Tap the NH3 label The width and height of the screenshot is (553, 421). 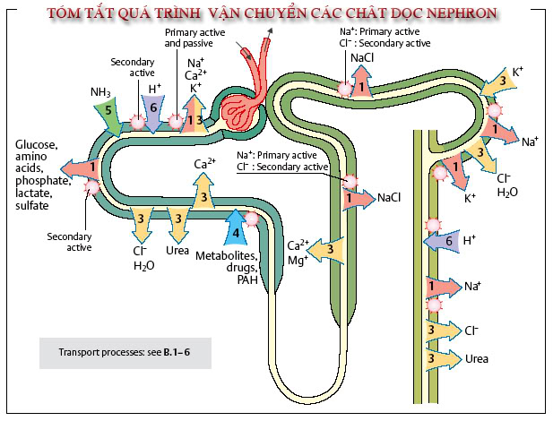coord(100,91)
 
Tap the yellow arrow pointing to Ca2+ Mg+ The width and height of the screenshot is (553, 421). coord(329,251)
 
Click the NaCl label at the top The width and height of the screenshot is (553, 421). coord(362,57)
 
